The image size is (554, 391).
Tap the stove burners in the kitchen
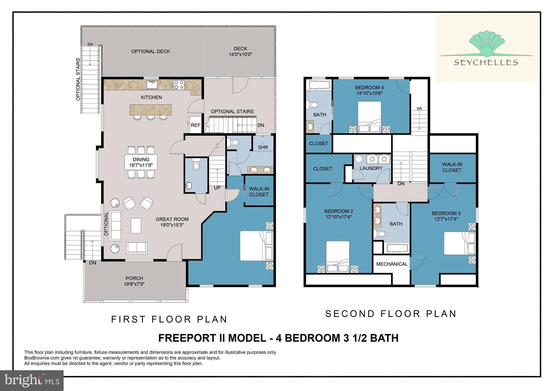179,85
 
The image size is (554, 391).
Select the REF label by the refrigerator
195,125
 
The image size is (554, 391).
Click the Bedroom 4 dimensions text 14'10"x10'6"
369,93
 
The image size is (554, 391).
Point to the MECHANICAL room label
391,264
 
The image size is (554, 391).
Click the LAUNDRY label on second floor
371,168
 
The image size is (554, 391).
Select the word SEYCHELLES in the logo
486,63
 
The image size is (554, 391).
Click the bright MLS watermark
32,380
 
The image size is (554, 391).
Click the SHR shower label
263,147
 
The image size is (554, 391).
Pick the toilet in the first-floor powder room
196,164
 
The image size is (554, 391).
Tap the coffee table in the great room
136,225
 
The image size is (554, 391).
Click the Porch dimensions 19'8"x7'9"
134,284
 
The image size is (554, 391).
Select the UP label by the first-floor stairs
217,188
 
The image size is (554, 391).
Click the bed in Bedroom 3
459,243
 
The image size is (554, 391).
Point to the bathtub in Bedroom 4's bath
319,85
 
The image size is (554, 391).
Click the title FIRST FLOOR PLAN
169,319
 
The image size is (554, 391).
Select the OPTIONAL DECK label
150,51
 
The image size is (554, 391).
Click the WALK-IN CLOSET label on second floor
452,167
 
